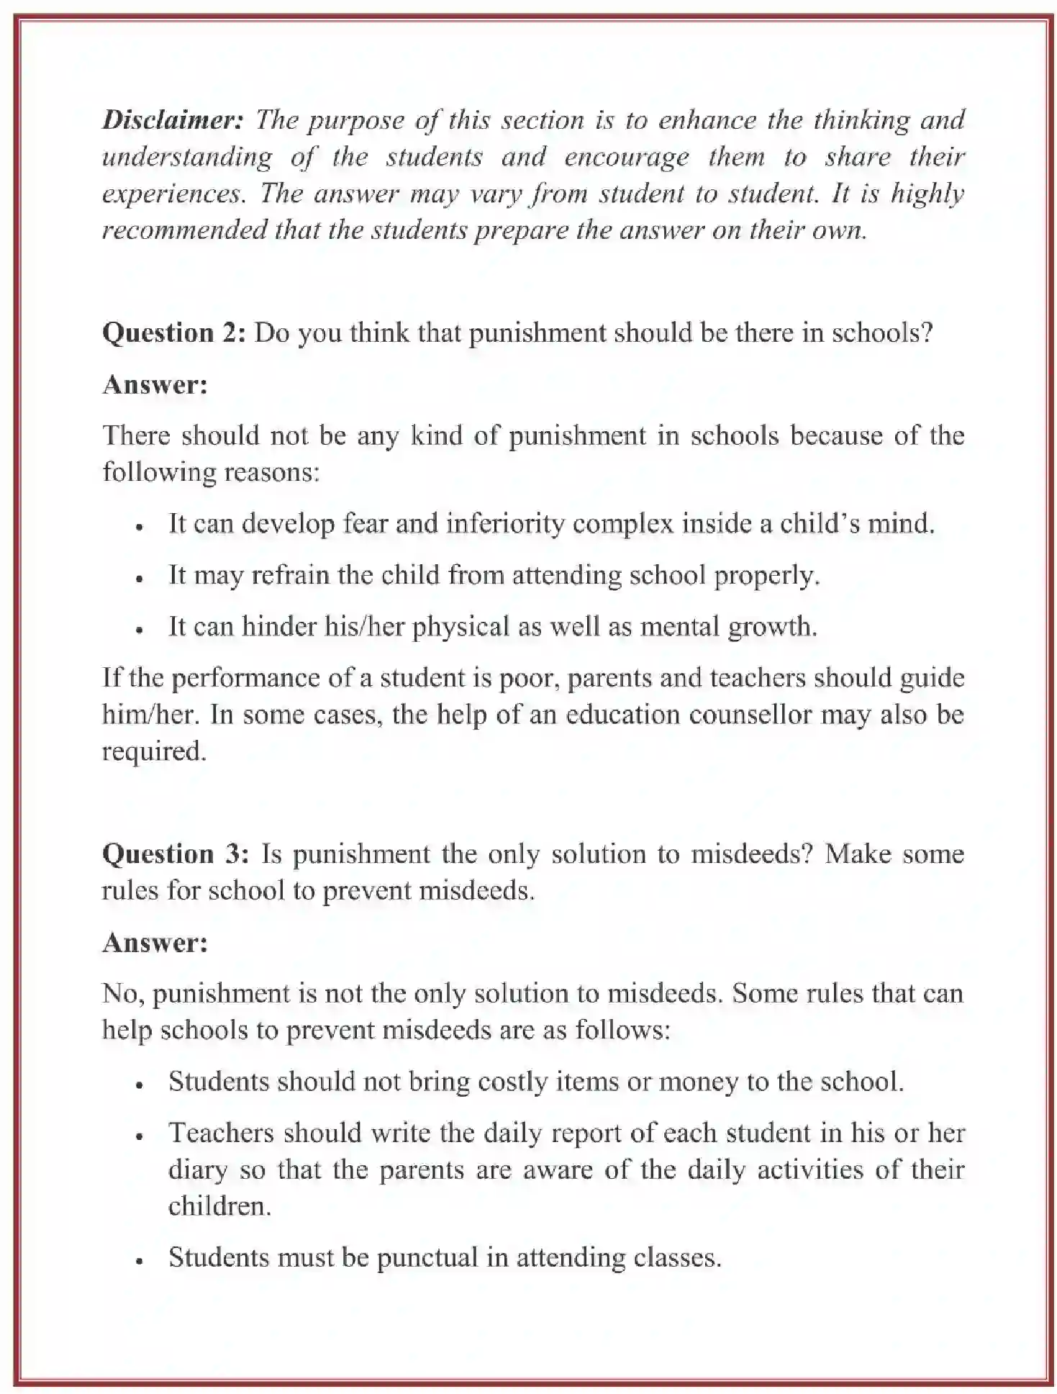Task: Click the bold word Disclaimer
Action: pos(173,119)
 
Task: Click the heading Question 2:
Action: pos(175,332)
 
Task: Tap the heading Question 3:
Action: pos(176,854)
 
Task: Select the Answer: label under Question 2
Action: pos(155,384)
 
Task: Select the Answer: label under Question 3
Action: pos(155,942)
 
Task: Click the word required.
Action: pos(153,751)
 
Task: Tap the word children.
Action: pos(219,1206)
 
